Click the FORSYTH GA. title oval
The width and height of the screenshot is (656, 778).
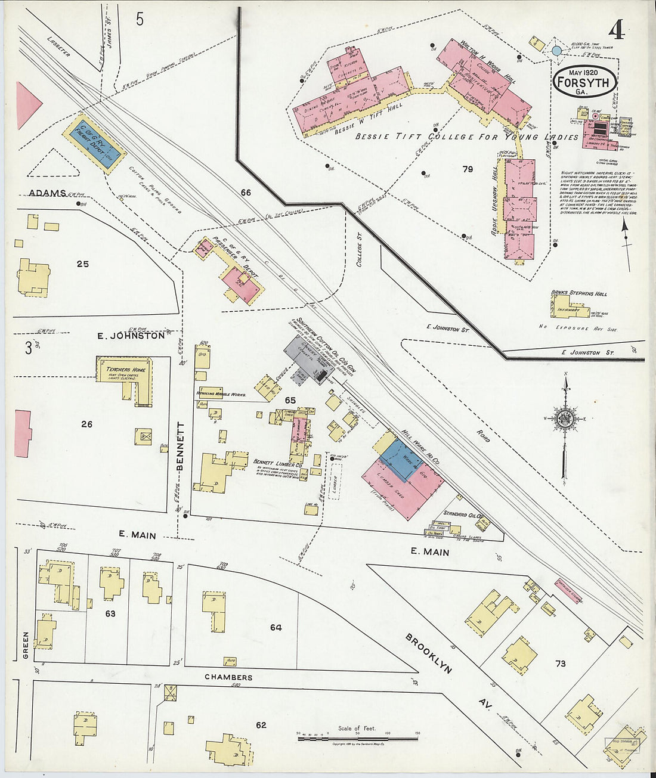coord(584,82)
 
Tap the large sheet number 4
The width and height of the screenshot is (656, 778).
coord(617,30)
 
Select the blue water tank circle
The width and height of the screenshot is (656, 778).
coord(556,51)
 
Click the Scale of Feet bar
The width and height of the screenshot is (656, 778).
coord(357,739)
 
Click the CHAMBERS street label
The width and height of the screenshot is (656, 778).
coord(228,677)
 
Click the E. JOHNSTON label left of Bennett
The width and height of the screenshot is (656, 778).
coord(131,336)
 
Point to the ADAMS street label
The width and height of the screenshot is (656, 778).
coord(46,194)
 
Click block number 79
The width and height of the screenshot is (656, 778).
coord(468,169)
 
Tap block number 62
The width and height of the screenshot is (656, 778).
coord(261,725)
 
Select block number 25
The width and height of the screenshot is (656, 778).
coord(82,263)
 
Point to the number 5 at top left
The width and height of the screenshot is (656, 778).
coord(140,19)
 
